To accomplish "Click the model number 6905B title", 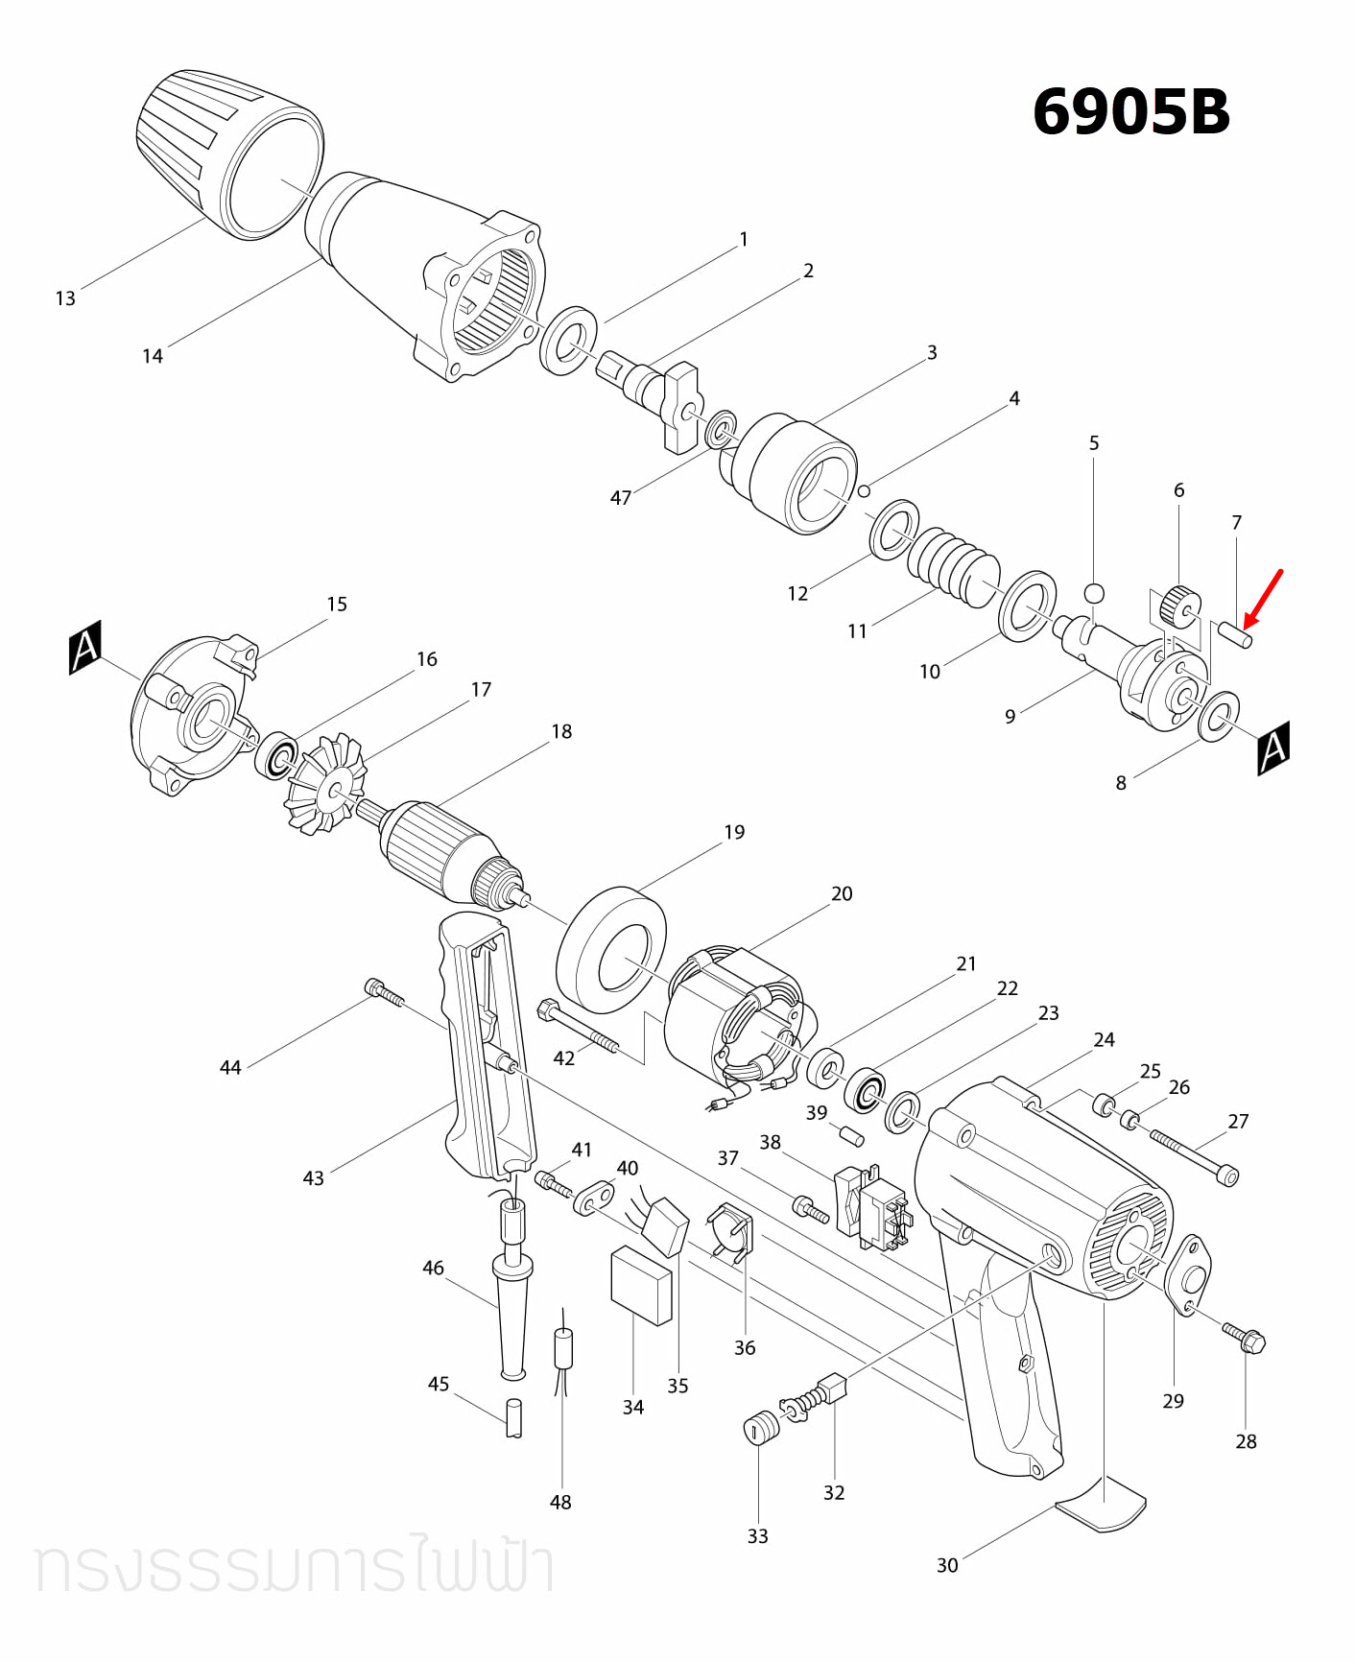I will click(1130, 112).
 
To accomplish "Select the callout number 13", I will click(65, 298).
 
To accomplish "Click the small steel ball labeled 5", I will click(1094, 592).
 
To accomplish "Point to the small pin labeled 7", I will click(1234, 634).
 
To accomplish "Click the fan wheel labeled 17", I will click(326, 784).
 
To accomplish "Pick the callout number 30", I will click(947, 1565).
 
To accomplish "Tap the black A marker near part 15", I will click(85, 648).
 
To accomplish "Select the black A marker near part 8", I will click(1273, 748).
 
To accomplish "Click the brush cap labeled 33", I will click(761, 1428).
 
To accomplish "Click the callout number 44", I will click(230, 1067).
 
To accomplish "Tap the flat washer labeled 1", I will click(568, 341).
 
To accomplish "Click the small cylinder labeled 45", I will click(514, 1417).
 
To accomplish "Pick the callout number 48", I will click(560, 1502).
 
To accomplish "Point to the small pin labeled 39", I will click(852, 1136).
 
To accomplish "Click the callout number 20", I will click(842, 893).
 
